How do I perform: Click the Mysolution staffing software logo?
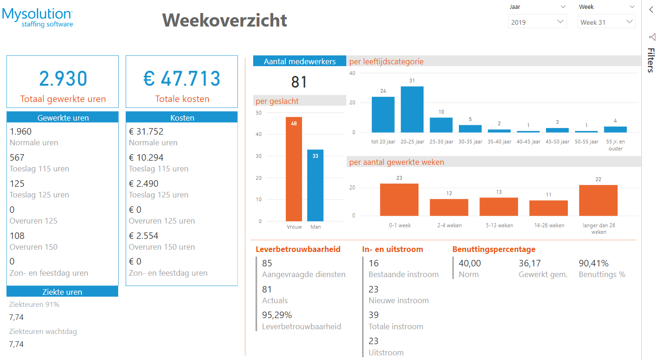pyautogui.click(x=38, y=18)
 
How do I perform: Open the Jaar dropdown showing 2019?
pyautogui.click(x=538, y=22)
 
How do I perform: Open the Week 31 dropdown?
pyautogui.click(x=606, y=22)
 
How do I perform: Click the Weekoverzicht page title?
pyautogui.click(x=224, y=20)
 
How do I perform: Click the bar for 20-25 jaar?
pyautogui.click(x=412, y=109)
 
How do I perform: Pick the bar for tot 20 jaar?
pyautogui.click(x=383, y=115)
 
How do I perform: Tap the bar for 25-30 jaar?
pyautogui.click(x=441, y=125)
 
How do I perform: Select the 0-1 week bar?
pyautogui.click(x=399, y=200)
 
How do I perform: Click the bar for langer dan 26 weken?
pyautogui.click(x=598, y=200)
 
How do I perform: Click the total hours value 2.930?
pyautogui.click(x=63, y=79)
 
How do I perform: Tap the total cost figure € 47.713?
pyautogui.click(x=182, y=79)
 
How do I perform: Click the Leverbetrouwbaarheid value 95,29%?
pyautogui.click(x=277, y=315)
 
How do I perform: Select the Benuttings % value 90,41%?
pyautogui.click(x=593, y=264)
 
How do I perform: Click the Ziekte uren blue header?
pyautogui.click(x=62, y=292)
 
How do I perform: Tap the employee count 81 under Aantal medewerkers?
pyautogui.click(x=299, y=82)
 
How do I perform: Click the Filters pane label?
pyautogui.click(x=651, y=60)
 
